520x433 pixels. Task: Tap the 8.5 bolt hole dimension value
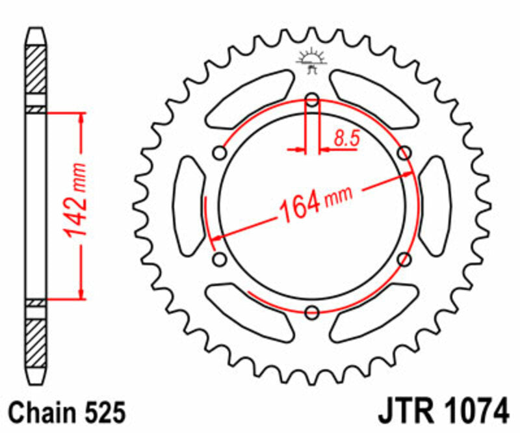[344, 137]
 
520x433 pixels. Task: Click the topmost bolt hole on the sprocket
[312, 100]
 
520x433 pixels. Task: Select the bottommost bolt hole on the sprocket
[312, 312]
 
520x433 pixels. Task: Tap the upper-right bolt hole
[404, 153]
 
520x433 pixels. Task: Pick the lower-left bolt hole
[220, 259]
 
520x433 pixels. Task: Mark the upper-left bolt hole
[220, 153]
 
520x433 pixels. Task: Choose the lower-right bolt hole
[404, 259]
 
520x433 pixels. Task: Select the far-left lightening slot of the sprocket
[189, 206]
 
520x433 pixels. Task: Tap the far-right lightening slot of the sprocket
[434, 206]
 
